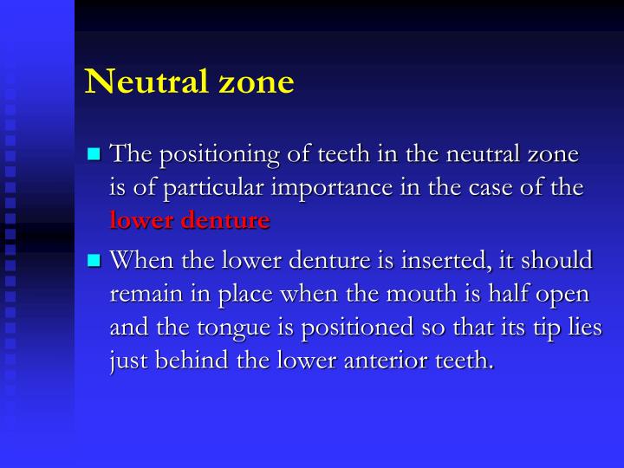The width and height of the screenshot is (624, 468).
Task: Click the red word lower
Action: pos(143,220)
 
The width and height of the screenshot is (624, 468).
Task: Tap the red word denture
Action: pos(225,220)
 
